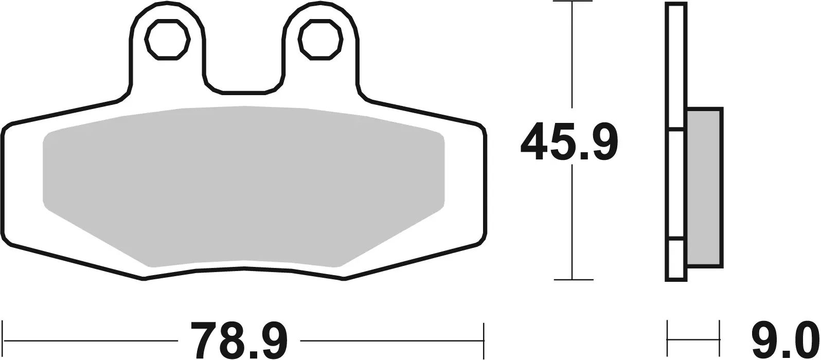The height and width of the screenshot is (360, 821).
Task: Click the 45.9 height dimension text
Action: (569, 142)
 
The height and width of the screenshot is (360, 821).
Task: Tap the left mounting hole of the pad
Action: (168, 40)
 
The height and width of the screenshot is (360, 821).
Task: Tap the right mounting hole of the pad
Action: (321, 40)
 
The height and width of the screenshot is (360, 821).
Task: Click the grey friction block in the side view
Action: (704, 188)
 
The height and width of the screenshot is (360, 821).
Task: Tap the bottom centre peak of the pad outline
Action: (244, 268)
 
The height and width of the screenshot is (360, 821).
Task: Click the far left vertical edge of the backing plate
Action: (4, 185)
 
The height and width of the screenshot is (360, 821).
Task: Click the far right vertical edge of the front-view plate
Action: (485, 185)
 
